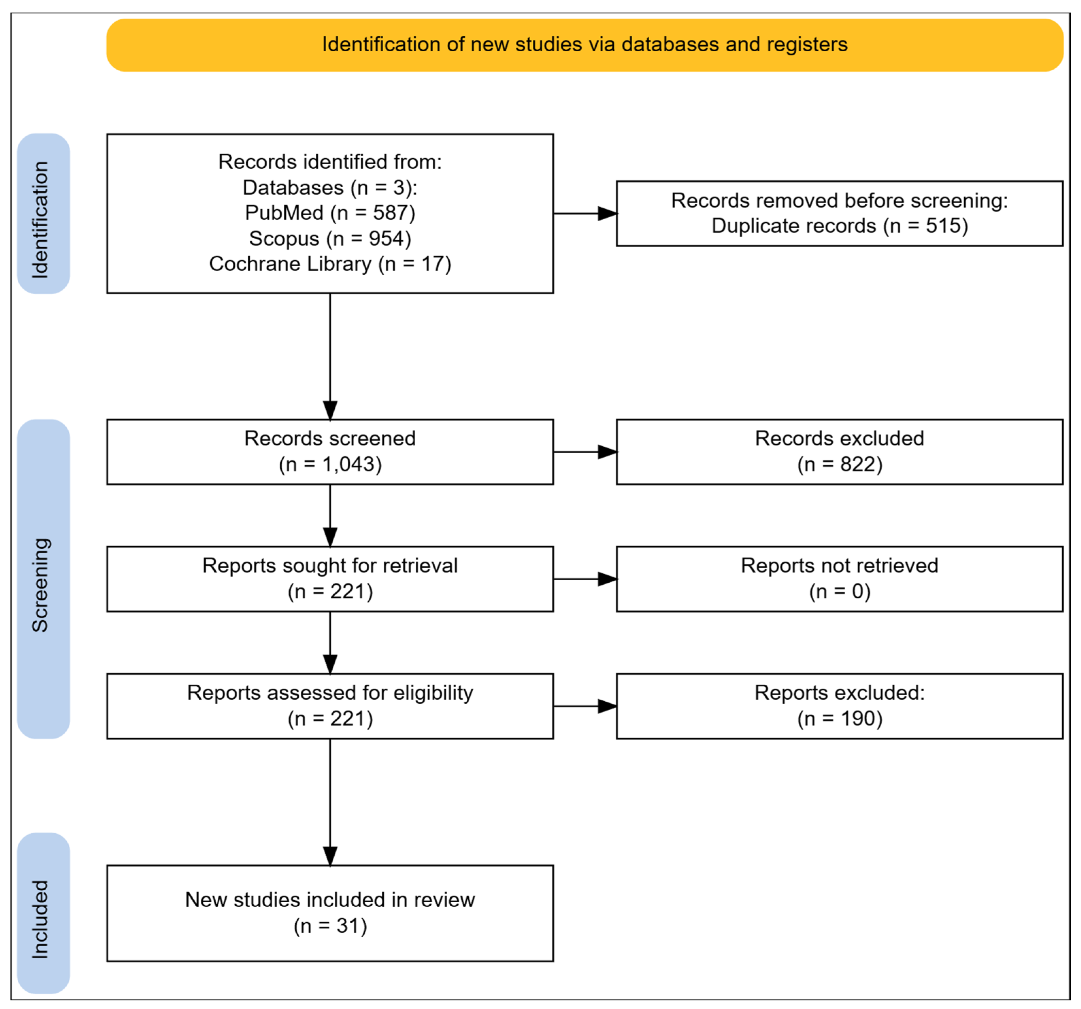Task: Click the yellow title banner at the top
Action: [x=584, y=45]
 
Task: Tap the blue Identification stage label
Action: [x=44, y=213]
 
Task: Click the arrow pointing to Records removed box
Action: [x=585, y=213]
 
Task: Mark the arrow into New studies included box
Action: [x=330, y=802]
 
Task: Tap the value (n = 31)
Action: [x=330, y=926]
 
